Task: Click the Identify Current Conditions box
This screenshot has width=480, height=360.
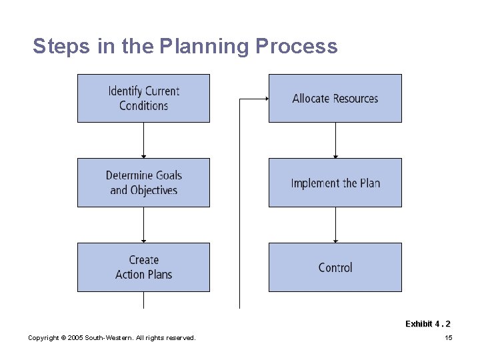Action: [x=143, y=98]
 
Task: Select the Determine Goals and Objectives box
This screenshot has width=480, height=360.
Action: [x=143, y=183]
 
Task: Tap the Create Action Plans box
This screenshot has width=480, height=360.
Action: [x=143, y=267]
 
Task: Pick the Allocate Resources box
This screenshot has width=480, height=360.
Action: [x=335, y=98]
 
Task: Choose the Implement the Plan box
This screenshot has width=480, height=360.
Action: [x=335, y=183]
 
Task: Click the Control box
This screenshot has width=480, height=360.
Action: [x=335, y=267]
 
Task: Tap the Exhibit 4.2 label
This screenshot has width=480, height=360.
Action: [x=427, y=324]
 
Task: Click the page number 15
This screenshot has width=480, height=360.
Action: [x=448, y=338]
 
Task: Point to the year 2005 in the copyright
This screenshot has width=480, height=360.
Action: [x=74, y=338]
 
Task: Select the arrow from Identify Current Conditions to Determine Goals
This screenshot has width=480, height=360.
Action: [x=143, y=140]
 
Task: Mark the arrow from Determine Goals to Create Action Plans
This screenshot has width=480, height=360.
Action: [x=143, y=225]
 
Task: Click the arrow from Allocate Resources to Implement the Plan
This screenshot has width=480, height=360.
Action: [x=335, y=140]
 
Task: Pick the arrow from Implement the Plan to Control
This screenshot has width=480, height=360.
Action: [x=335, y=225]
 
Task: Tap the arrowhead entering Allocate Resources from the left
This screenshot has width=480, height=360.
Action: [x=266, y=99]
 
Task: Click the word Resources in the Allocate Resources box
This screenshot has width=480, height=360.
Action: [x=355, y=98]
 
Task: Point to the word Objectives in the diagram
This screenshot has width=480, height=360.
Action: [x=153, y=191]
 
